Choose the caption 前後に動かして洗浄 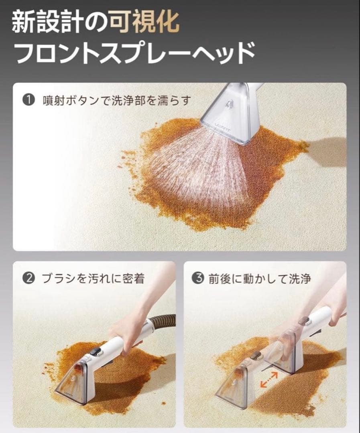(259, 279)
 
